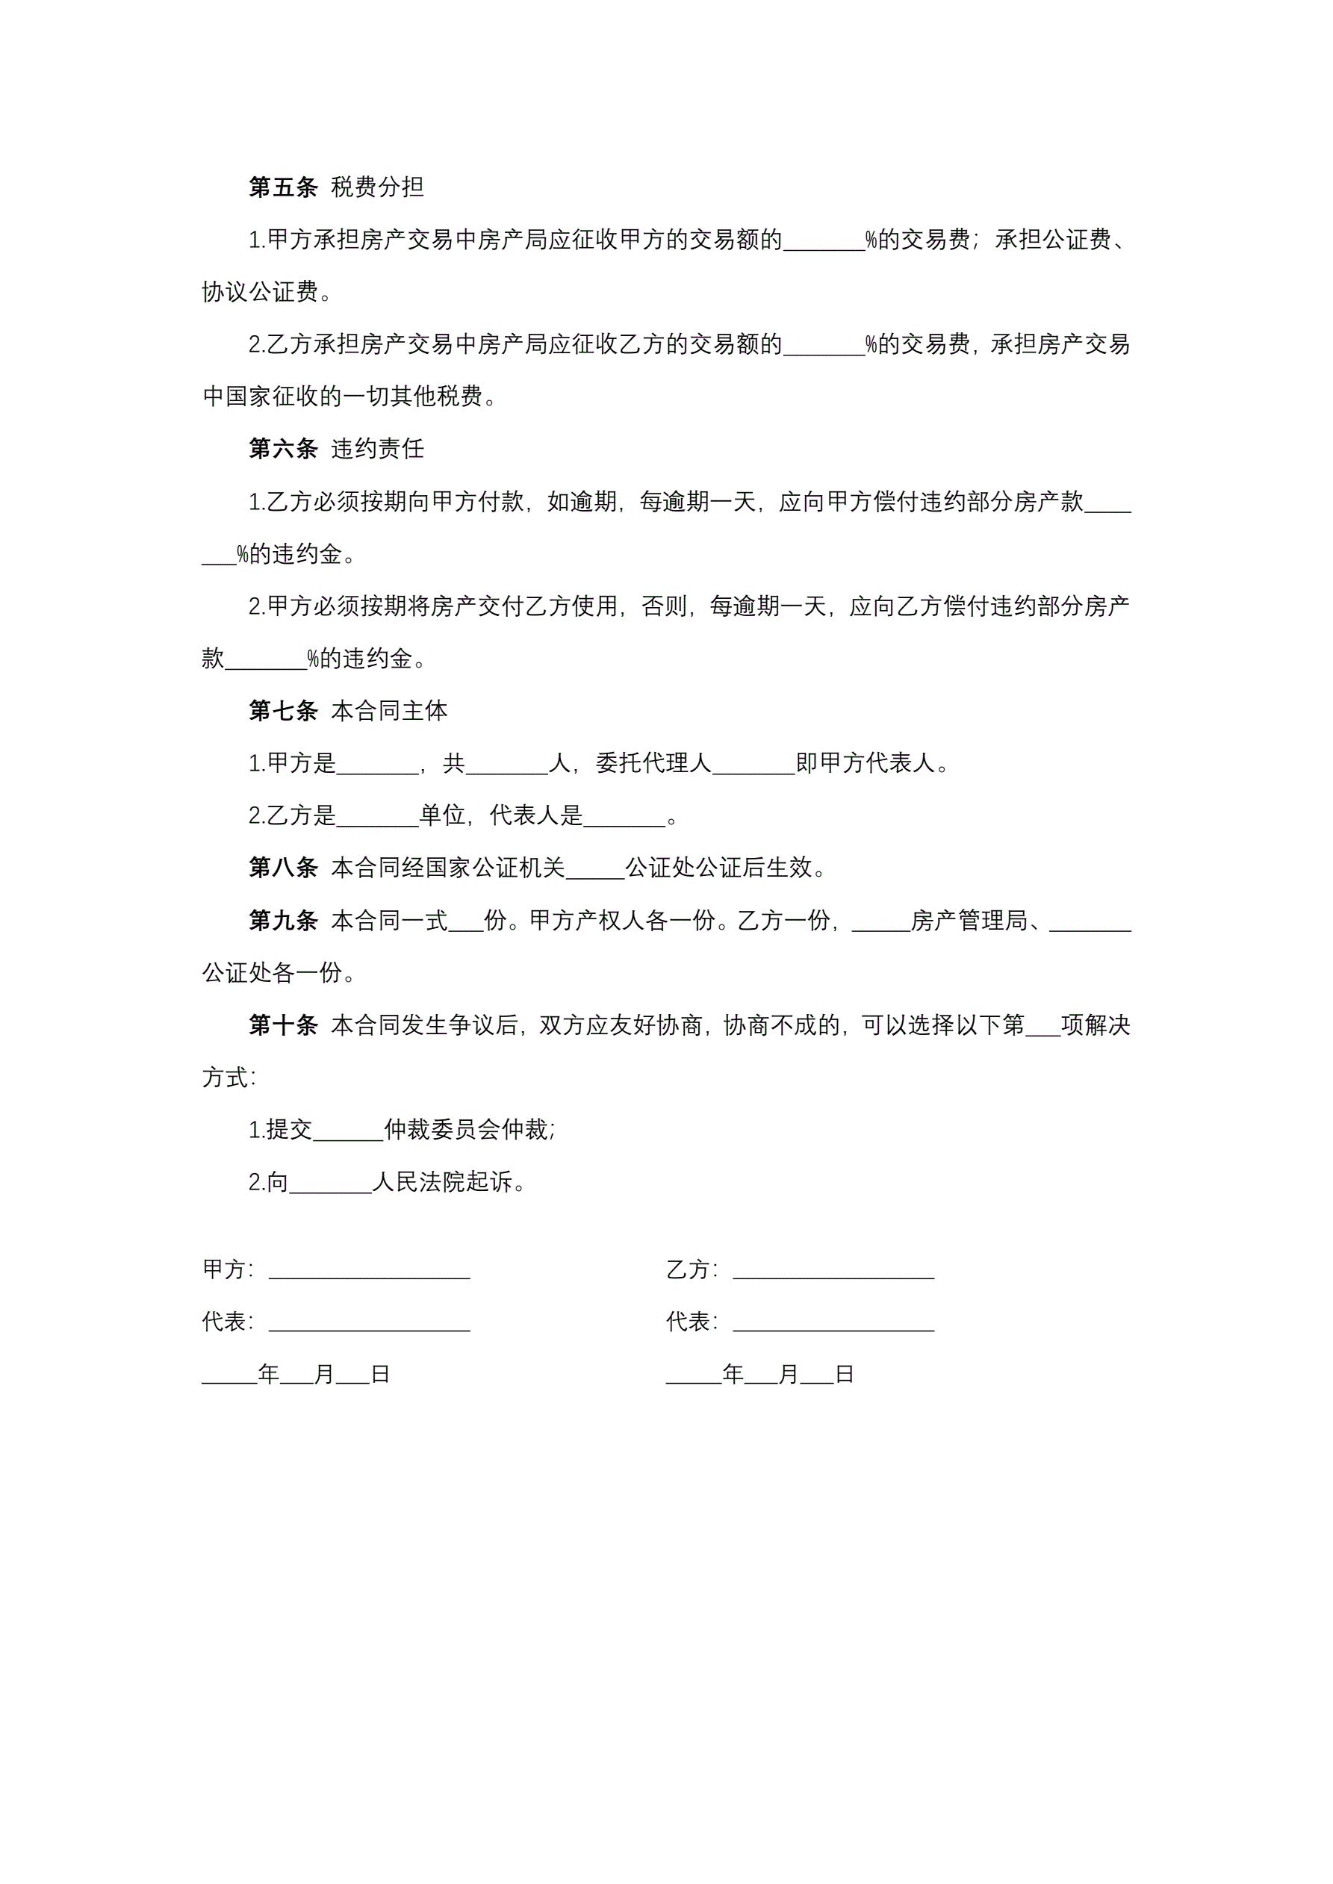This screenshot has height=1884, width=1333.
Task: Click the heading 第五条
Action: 282,187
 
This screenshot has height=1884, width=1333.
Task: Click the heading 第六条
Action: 282,449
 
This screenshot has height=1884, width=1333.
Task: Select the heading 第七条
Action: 282,711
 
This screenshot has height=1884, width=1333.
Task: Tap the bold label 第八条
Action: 282,868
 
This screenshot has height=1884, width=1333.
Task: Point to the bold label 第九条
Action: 282,921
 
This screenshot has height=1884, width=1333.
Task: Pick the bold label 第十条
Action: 282,1025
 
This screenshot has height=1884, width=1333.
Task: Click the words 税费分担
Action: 378,187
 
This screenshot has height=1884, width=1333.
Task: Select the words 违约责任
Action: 378,449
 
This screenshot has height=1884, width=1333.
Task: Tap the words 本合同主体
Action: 389,711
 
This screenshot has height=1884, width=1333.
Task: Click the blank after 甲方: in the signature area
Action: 370,1271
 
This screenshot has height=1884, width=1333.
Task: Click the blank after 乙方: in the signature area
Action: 833,1271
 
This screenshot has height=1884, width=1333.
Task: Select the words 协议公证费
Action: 259,292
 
